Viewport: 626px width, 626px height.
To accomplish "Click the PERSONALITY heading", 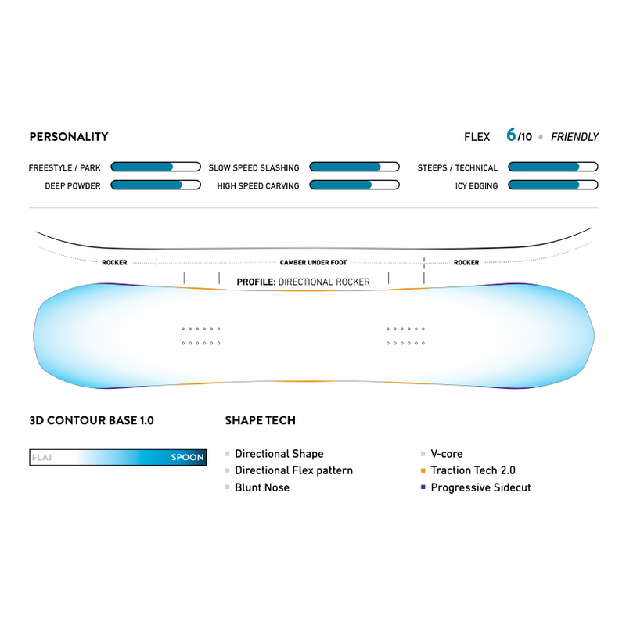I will (x=68, y=137).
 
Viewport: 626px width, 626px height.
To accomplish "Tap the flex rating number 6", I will (x=511, y=135).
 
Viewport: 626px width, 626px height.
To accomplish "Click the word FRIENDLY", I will (x=574, y=137).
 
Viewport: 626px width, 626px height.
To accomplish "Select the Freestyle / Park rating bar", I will (x=156, y=167).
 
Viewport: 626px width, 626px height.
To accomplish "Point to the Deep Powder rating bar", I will (x=156, y=185).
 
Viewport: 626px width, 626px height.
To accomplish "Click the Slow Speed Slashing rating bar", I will (x=354, y=167).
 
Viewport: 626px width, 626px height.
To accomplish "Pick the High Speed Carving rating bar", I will (x=354, y=185).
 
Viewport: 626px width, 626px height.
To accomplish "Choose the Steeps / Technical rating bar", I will (x=553, y=167).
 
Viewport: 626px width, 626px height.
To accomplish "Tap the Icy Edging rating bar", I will (x=553, y=185).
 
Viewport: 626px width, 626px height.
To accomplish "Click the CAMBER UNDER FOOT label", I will (x=313, y=263).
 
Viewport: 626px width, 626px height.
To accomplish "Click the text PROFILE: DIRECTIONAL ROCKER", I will (x=303, y=282).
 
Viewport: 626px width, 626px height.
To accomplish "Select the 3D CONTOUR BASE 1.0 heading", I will (x=91, y=420).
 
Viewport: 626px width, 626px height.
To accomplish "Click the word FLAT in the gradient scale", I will (x=42, y=458).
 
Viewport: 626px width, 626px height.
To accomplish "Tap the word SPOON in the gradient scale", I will (x=187, y=458).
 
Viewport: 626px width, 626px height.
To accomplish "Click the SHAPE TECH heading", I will (x=260, y=420).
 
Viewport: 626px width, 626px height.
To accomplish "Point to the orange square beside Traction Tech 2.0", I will (x=423, y=471).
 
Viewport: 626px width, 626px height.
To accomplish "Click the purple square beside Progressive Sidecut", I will (x=423, y=487).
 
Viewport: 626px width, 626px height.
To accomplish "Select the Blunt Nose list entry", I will (x=262, y=487).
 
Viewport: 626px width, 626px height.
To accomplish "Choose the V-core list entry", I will (x=447, y=454).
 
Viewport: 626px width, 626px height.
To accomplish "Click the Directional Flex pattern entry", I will (x=293, y=470).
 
